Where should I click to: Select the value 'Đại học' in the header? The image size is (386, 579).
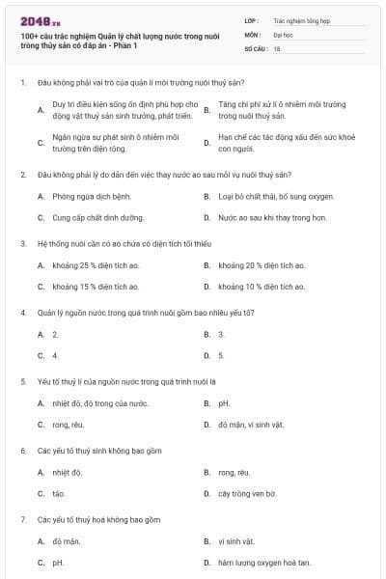click(x=284, y=33)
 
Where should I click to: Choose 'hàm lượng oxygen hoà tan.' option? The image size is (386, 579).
click(x=263, y=562)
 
